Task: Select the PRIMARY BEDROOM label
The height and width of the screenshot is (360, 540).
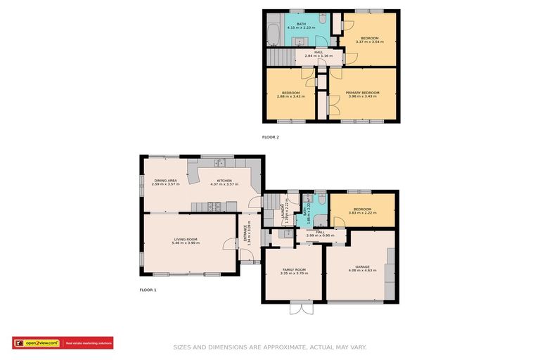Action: [x=362, y=93]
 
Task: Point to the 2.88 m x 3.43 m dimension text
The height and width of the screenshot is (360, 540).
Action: [x=291, y=97]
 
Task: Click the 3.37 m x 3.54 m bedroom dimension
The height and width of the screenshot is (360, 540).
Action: [x=369, y=42]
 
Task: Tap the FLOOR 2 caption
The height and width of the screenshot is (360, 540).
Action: [x=270, y=137]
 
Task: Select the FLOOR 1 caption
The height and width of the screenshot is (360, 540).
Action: [x=148, y=290]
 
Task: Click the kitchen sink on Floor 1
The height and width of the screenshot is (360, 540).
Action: [x=220, y=164]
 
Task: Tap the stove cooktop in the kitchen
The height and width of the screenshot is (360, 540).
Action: [x=214, y=206]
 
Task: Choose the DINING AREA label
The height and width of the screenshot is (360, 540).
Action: [x=166, y=181]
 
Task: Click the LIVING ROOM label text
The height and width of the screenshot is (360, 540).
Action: [x=186, y=240]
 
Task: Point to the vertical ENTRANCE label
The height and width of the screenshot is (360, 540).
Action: [x=246, y=233]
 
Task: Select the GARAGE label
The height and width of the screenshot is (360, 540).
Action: [x=362, y=267]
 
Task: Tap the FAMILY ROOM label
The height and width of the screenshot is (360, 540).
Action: [x=294, y=270]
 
